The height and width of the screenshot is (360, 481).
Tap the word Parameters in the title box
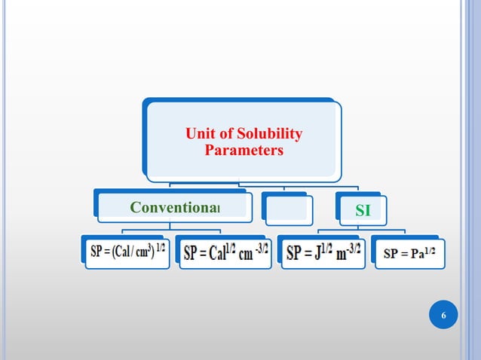(244, 150)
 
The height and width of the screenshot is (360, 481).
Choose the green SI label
(363, 211)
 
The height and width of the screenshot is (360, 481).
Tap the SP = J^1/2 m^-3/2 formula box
(323, 252)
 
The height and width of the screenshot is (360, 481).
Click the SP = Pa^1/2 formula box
(409, 253)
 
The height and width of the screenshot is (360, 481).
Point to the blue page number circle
(443, 314)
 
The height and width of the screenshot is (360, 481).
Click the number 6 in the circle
(443, 315)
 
